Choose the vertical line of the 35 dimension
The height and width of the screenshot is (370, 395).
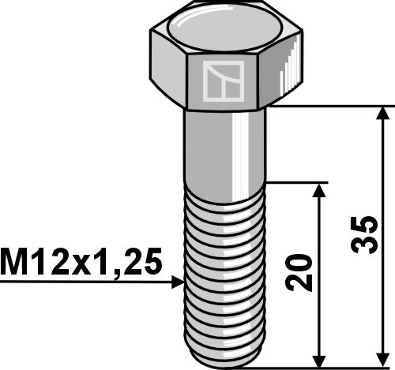[x=383, y=174]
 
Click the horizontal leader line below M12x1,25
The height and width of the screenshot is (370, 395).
[x=87, y=281]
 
